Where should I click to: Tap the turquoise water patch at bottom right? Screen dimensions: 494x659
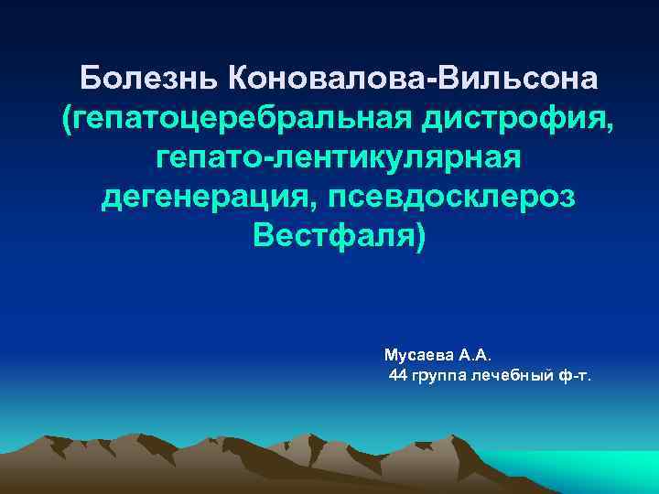[595, 471]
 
